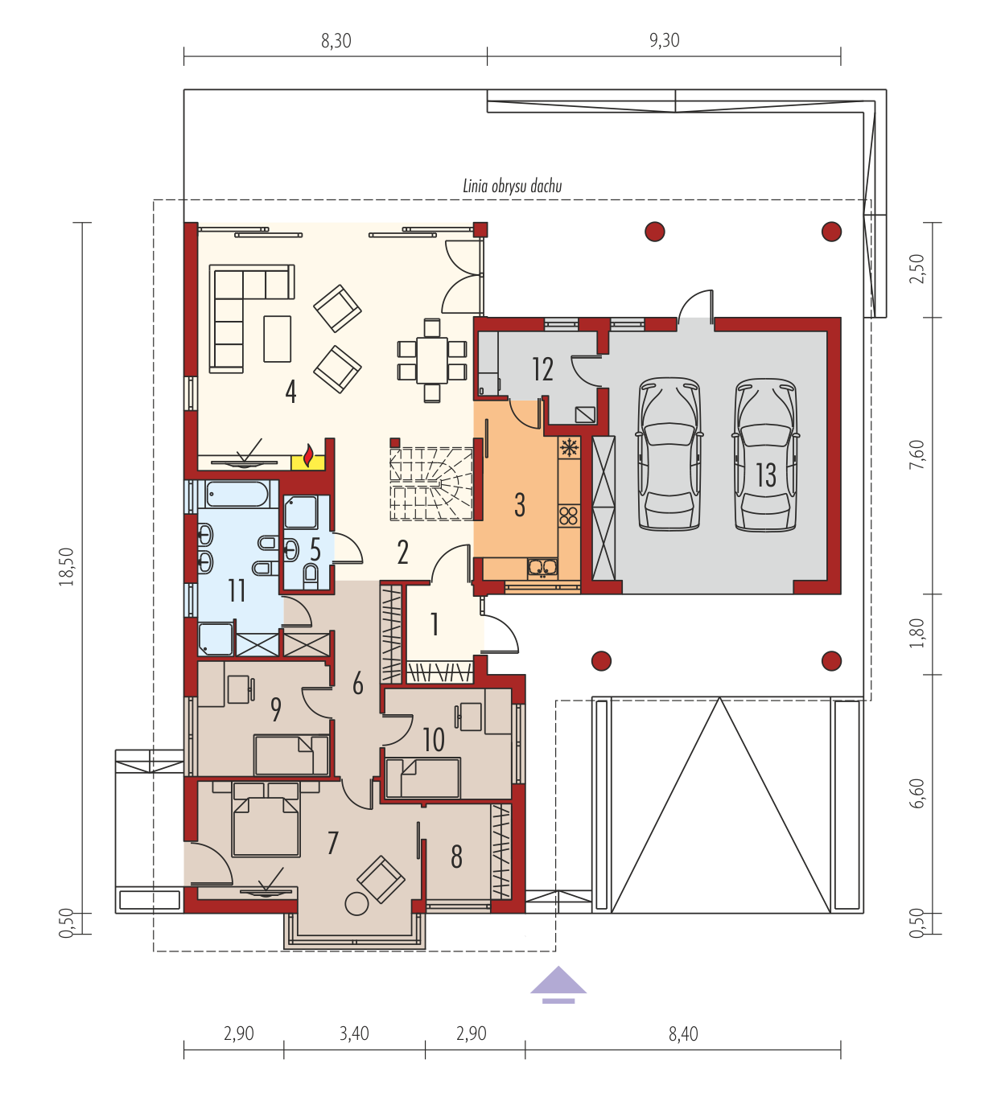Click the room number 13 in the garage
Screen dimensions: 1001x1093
pos(765,475)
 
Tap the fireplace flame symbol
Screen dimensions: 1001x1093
pos(308,456)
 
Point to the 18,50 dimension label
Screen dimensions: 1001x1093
pos(67,567)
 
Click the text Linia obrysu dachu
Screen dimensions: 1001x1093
pos(513,187)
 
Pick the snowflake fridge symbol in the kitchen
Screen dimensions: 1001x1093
pos(569,448)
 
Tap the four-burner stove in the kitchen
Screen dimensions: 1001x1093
pos(569,516)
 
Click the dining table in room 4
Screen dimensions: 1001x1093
pos(432,360)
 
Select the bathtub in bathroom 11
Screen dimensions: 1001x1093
pos(237,495)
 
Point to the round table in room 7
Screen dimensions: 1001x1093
pos(356,903)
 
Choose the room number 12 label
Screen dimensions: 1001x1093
pos(543,369)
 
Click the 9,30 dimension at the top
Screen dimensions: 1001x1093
pos(664,40)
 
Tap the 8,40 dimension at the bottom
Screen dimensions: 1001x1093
pos(683,1033)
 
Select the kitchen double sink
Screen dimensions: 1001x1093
pos(542,568)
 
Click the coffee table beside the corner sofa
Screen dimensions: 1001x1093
pos(277,339)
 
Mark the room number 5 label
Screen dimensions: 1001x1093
pos(315,550)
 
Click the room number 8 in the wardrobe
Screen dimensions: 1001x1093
pos(457,857)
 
